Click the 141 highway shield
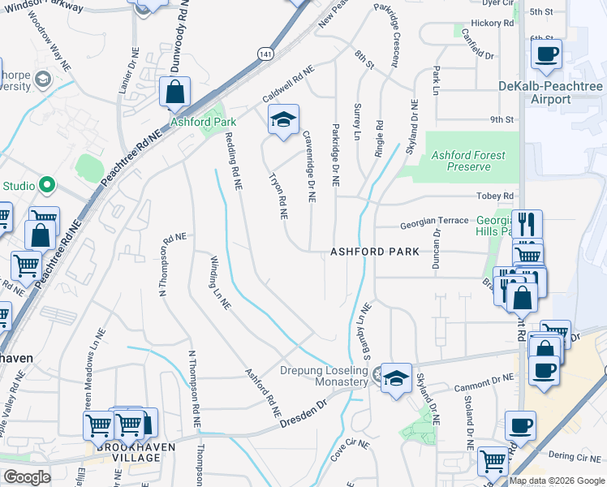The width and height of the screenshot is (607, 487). tap(266, 53)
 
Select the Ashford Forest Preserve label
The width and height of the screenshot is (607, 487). tap(468, 161)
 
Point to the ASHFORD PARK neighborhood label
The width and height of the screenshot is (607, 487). tap(375, 252)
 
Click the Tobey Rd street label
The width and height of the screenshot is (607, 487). tap(497, 196)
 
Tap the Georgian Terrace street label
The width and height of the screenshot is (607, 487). tap(433, 221)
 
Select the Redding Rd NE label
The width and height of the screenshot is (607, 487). tap(233, 162)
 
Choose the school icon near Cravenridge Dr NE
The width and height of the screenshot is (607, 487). tap(283, 119)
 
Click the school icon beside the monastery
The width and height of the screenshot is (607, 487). tap(396, 378)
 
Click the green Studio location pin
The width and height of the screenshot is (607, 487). tap(46, 186)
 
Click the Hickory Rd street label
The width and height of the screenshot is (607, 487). tap(497, 24)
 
